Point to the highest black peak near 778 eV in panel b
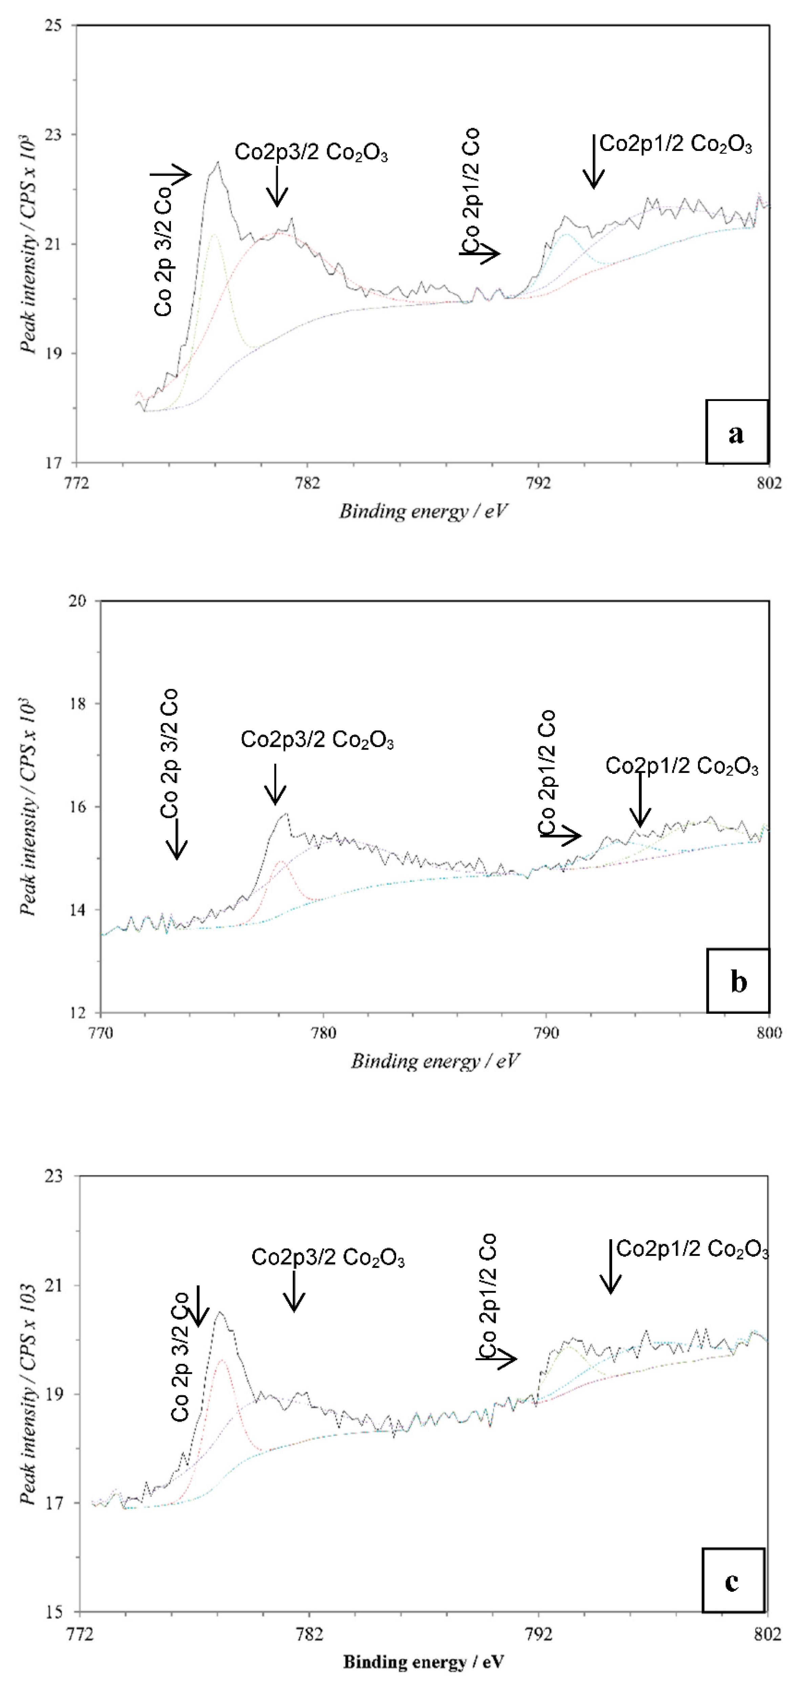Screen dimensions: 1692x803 click(285, 814)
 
